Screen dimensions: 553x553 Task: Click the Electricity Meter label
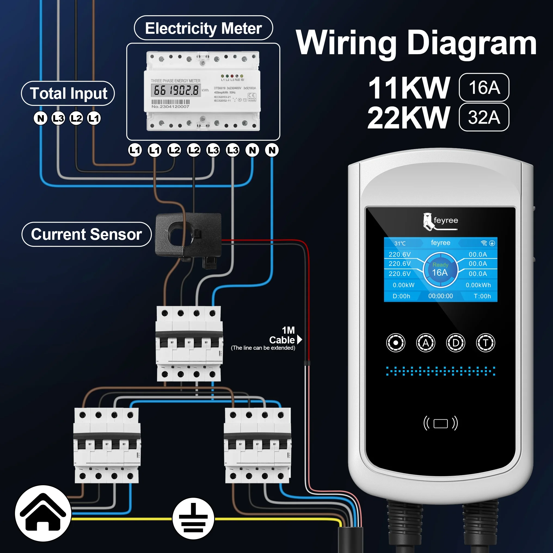point(203,28)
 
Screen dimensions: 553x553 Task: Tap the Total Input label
point(68,93)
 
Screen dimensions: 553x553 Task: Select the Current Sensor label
point(86,234)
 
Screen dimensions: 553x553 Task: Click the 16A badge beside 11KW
point(484,87)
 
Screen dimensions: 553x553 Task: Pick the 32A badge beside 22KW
point(484,117)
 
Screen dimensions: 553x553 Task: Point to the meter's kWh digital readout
point(176,90)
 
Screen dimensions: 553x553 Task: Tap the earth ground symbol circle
point(193,518)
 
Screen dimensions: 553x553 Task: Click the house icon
point(43,513)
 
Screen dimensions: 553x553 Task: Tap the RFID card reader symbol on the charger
point(440,423)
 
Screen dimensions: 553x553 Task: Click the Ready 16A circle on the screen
point(440,269)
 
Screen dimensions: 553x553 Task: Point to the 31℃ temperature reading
point(400,243)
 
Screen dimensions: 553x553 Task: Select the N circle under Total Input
point(41,118)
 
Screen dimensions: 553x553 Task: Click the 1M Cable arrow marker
point(299,339)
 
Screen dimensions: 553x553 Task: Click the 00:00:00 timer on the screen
point(440,296)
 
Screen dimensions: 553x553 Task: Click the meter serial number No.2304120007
point(170,106)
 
